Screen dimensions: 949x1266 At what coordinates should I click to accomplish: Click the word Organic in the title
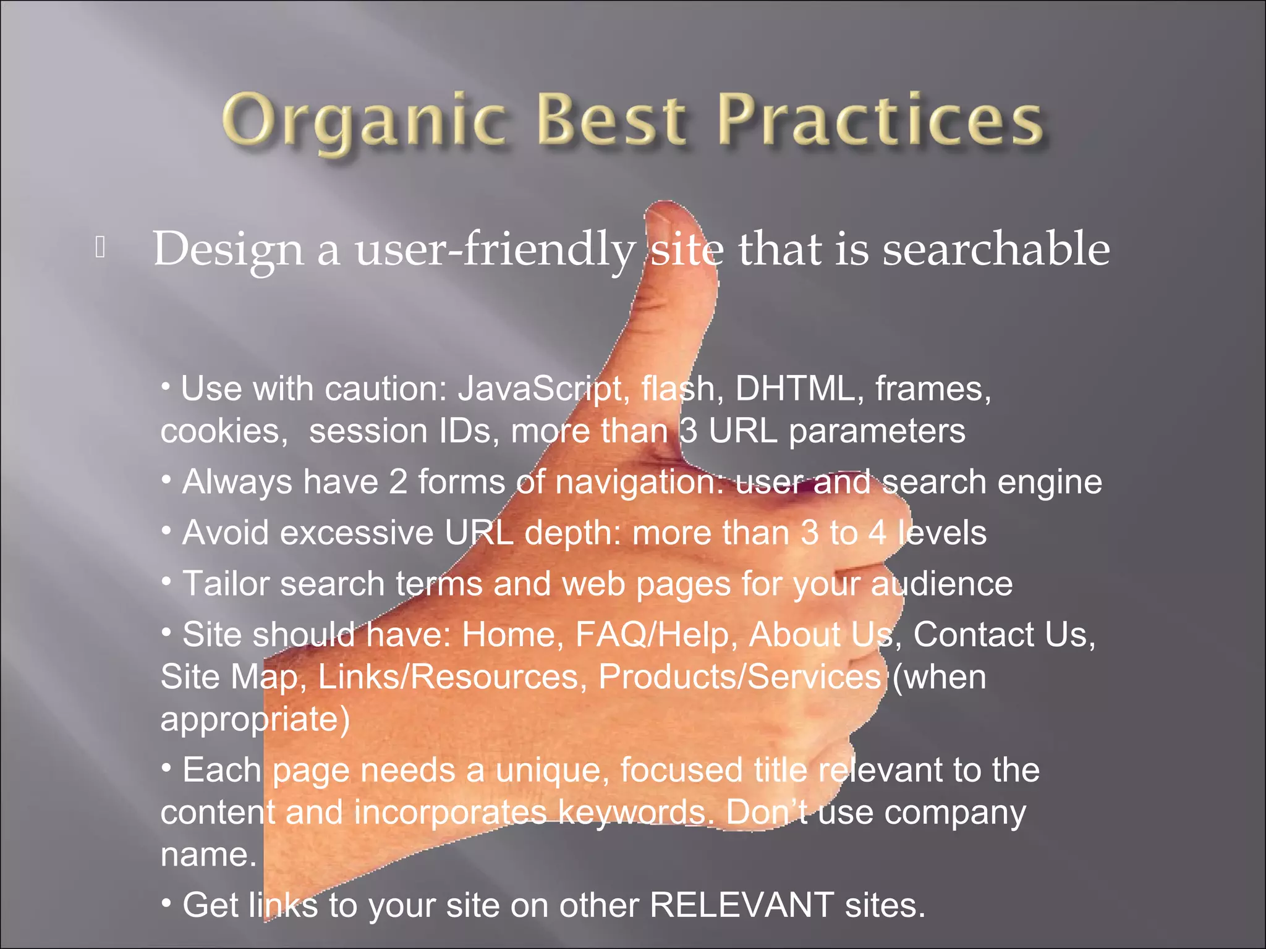(x=365, y=120)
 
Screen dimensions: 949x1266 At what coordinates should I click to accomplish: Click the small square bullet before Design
(x=101, y=248)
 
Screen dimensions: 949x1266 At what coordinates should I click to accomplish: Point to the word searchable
(x=995, y=248)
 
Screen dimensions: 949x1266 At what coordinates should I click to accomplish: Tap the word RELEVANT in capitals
(x=741, y=906)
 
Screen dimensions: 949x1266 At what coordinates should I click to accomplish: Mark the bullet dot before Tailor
(x=166, y=581)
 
